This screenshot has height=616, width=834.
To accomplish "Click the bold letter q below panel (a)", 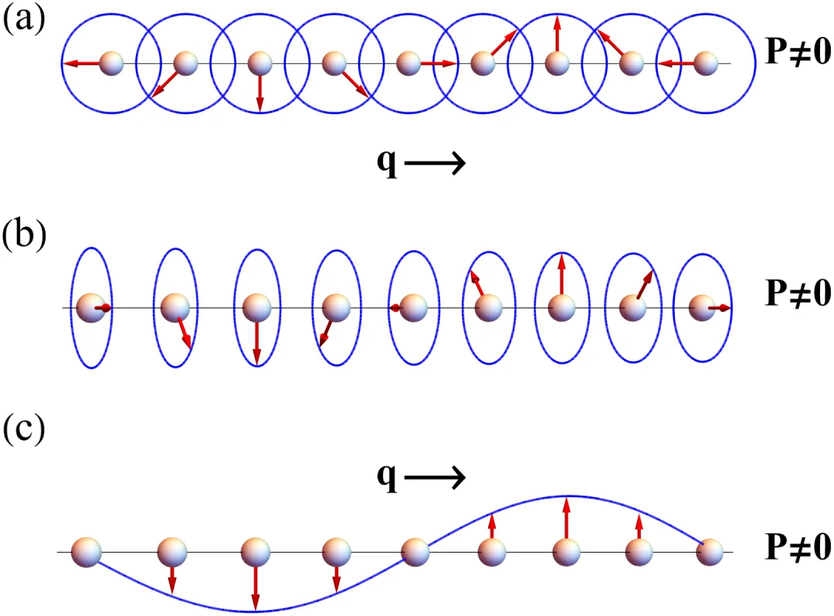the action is point(386,164).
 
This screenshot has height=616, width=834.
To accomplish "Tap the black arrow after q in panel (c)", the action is point(434,479).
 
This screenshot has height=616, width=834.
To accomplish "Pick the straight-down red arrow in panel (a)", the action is point(260,90).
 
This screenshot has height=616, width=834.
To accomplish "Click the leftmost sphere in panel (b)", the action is point(89,308).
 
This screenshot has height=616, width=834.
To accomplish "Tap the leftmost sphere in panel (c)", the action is point(86,552).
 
